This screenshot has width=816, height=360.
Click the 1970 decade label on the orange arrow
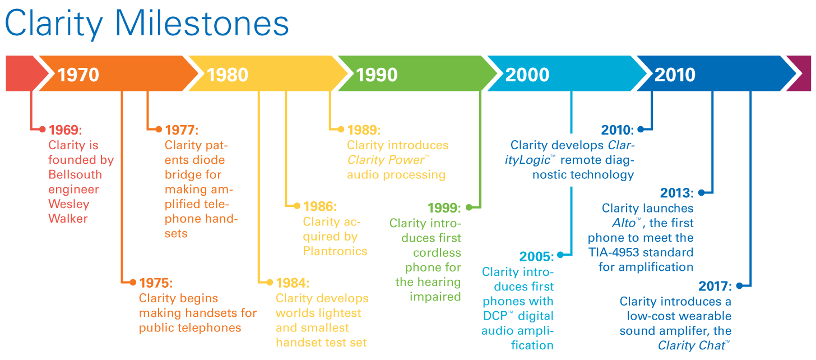(78, 75)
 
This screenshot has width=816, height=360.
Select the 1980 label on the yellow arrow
(228, 75)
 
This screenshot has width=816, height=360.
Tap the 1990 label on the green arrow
(377, 75)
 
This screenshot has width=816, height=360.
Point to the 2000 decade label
(527, 75)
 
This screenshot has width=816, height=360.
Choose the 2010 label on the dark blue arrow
(675, 75)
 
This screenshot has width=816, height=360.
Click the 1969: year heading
(65, 130)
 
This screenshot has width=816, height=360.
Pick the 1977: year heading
(182, 130)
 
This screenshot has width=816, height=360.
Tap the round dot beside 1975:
(132, 282)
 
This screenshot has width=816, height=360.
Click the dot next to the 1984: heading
(270, 282)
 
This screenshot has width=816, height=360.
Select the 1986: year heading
(320, 206)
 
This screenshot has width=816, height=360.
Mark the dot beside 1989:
(340, 130)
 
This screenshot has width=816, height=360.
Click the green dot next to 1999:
(469, 207)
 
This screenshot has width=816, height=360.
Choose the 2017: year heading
(715, 287)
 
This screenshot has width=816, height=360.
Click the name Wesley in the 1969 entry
(68, 204)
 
